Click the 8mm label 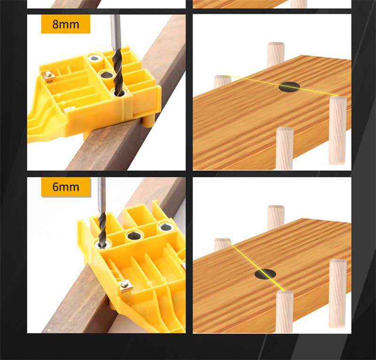(x=65, y=24)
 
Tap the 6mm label (x=66, y=187)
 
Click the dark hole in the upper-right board (x=289, y=87)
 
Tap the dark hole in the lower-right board (x=265, y=274)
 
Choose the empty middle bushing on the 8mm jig (x=105, y=75)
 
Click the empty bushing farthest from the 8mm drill (x=95, y=58)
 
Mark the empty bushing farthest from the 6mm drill (x=165, y=227)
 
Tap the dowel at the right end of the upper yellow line (x=337, y=130)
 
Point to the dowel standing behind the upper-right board (x=276, y=54)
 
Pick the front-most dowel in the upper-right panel (x=285, y=149)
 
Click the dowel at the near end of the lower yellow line (x=285, y=312)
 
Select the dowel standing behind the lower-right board (x=276, y=217)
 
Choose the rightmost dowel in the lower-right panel (x=338, y=293)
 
